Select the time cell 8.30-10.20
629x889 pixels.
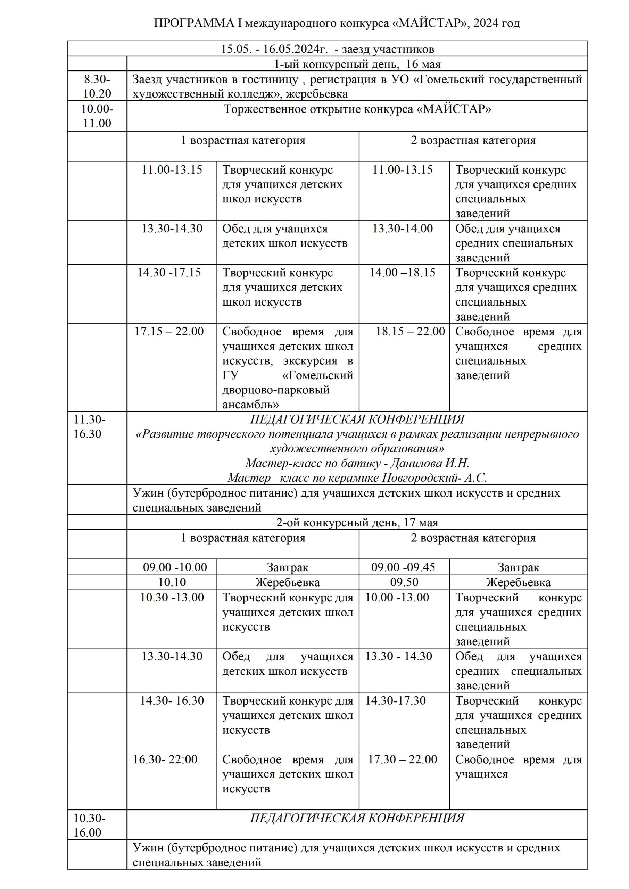click(97, 86)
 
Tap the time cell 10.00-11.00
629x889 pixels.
click(97, 116)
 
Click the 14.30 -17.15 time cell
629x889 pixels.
click(169, 273)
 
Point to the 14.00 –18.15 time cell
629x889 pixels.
click(402, 273)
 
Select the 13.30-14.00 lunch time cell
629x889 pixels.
click(403, 229)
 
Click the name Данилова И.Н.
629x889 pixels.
click(430, 463)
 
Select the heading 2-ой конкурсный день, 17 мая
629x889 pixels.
click(357, 523)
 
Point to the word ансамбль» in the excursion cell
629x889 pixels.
click(251, 405)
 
